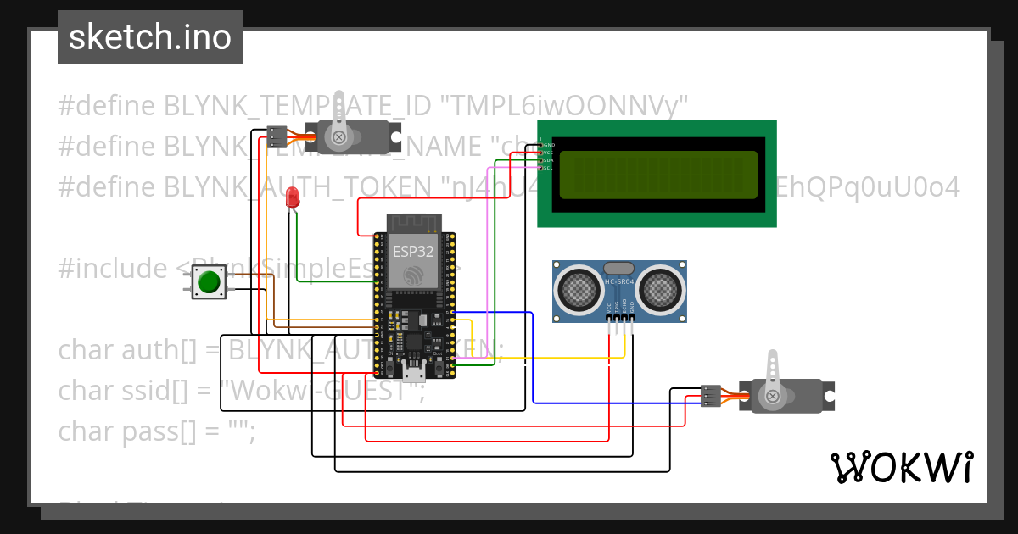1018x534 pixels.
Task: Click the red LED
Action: point(294,197)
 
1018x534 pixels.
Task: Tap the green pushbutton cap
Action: point(208,281)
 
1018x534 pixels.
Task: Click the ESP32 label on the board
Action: point(413,251)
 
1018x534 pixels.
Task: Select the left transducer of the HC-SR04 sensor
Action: point(580,289)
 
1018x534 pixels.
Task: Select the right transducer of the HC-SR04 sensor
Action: point(659,289)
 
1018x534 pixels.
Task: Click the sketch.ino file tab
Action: point(150,37)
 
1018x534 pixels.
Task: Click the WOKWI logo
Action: point(901,467)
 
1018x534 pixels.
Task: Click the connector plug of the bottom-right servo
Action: point(711,396)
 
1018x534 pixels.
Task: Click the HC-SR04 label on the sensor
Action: point(619,281)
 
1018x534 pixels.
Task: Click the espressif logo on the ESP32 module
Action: point(413,275)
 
